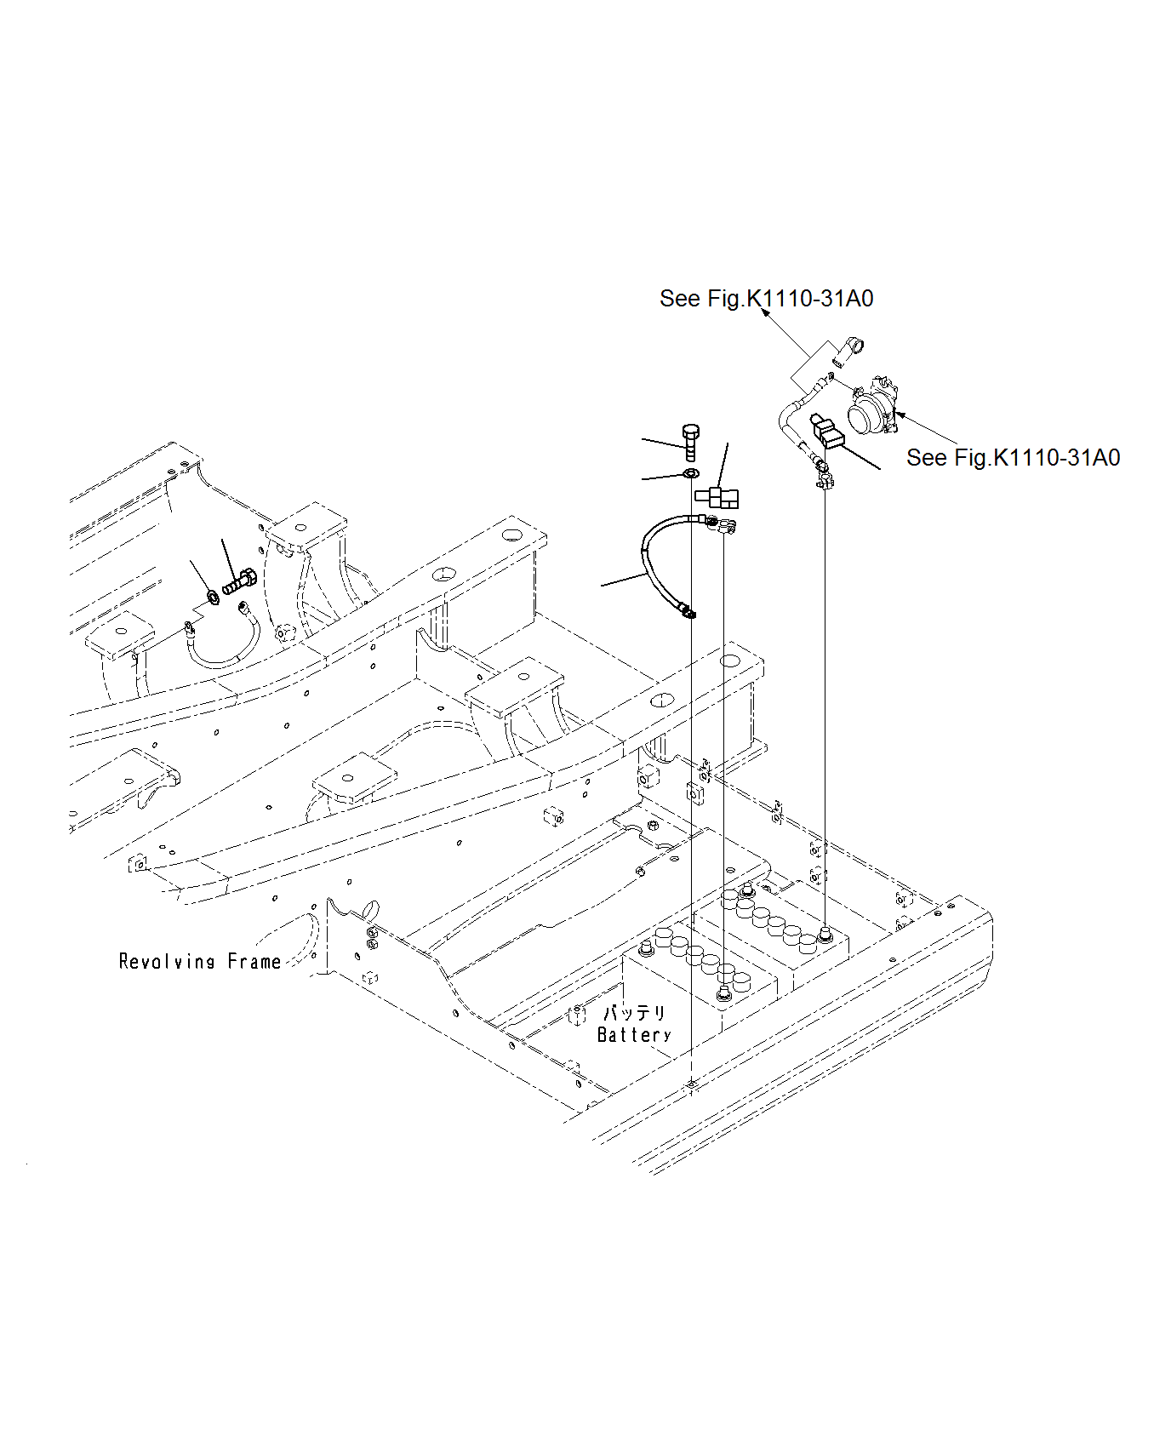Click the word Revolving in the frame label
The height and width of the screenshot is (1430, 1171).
[x=167, y=962]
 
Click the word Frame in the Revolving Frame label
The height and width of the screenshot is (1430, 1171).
[x=254, y=962]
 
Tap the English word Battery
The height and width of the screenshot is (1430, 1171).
[x=634, y=1035]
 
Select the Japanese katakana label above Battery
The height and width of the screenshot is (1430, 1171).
[x=634, y=1013]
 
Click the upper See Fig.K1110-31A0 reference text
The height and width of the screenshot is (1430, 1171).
[x=766, y=299]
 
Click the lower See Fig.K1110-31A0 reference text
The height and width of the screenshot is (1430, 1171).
[x=1013, y=458]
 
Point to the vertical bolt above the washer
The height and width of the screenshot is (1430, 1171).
[x=690, y=442]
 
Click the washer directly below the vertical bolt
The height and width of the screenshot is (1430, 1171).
[x=690, y=473]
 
